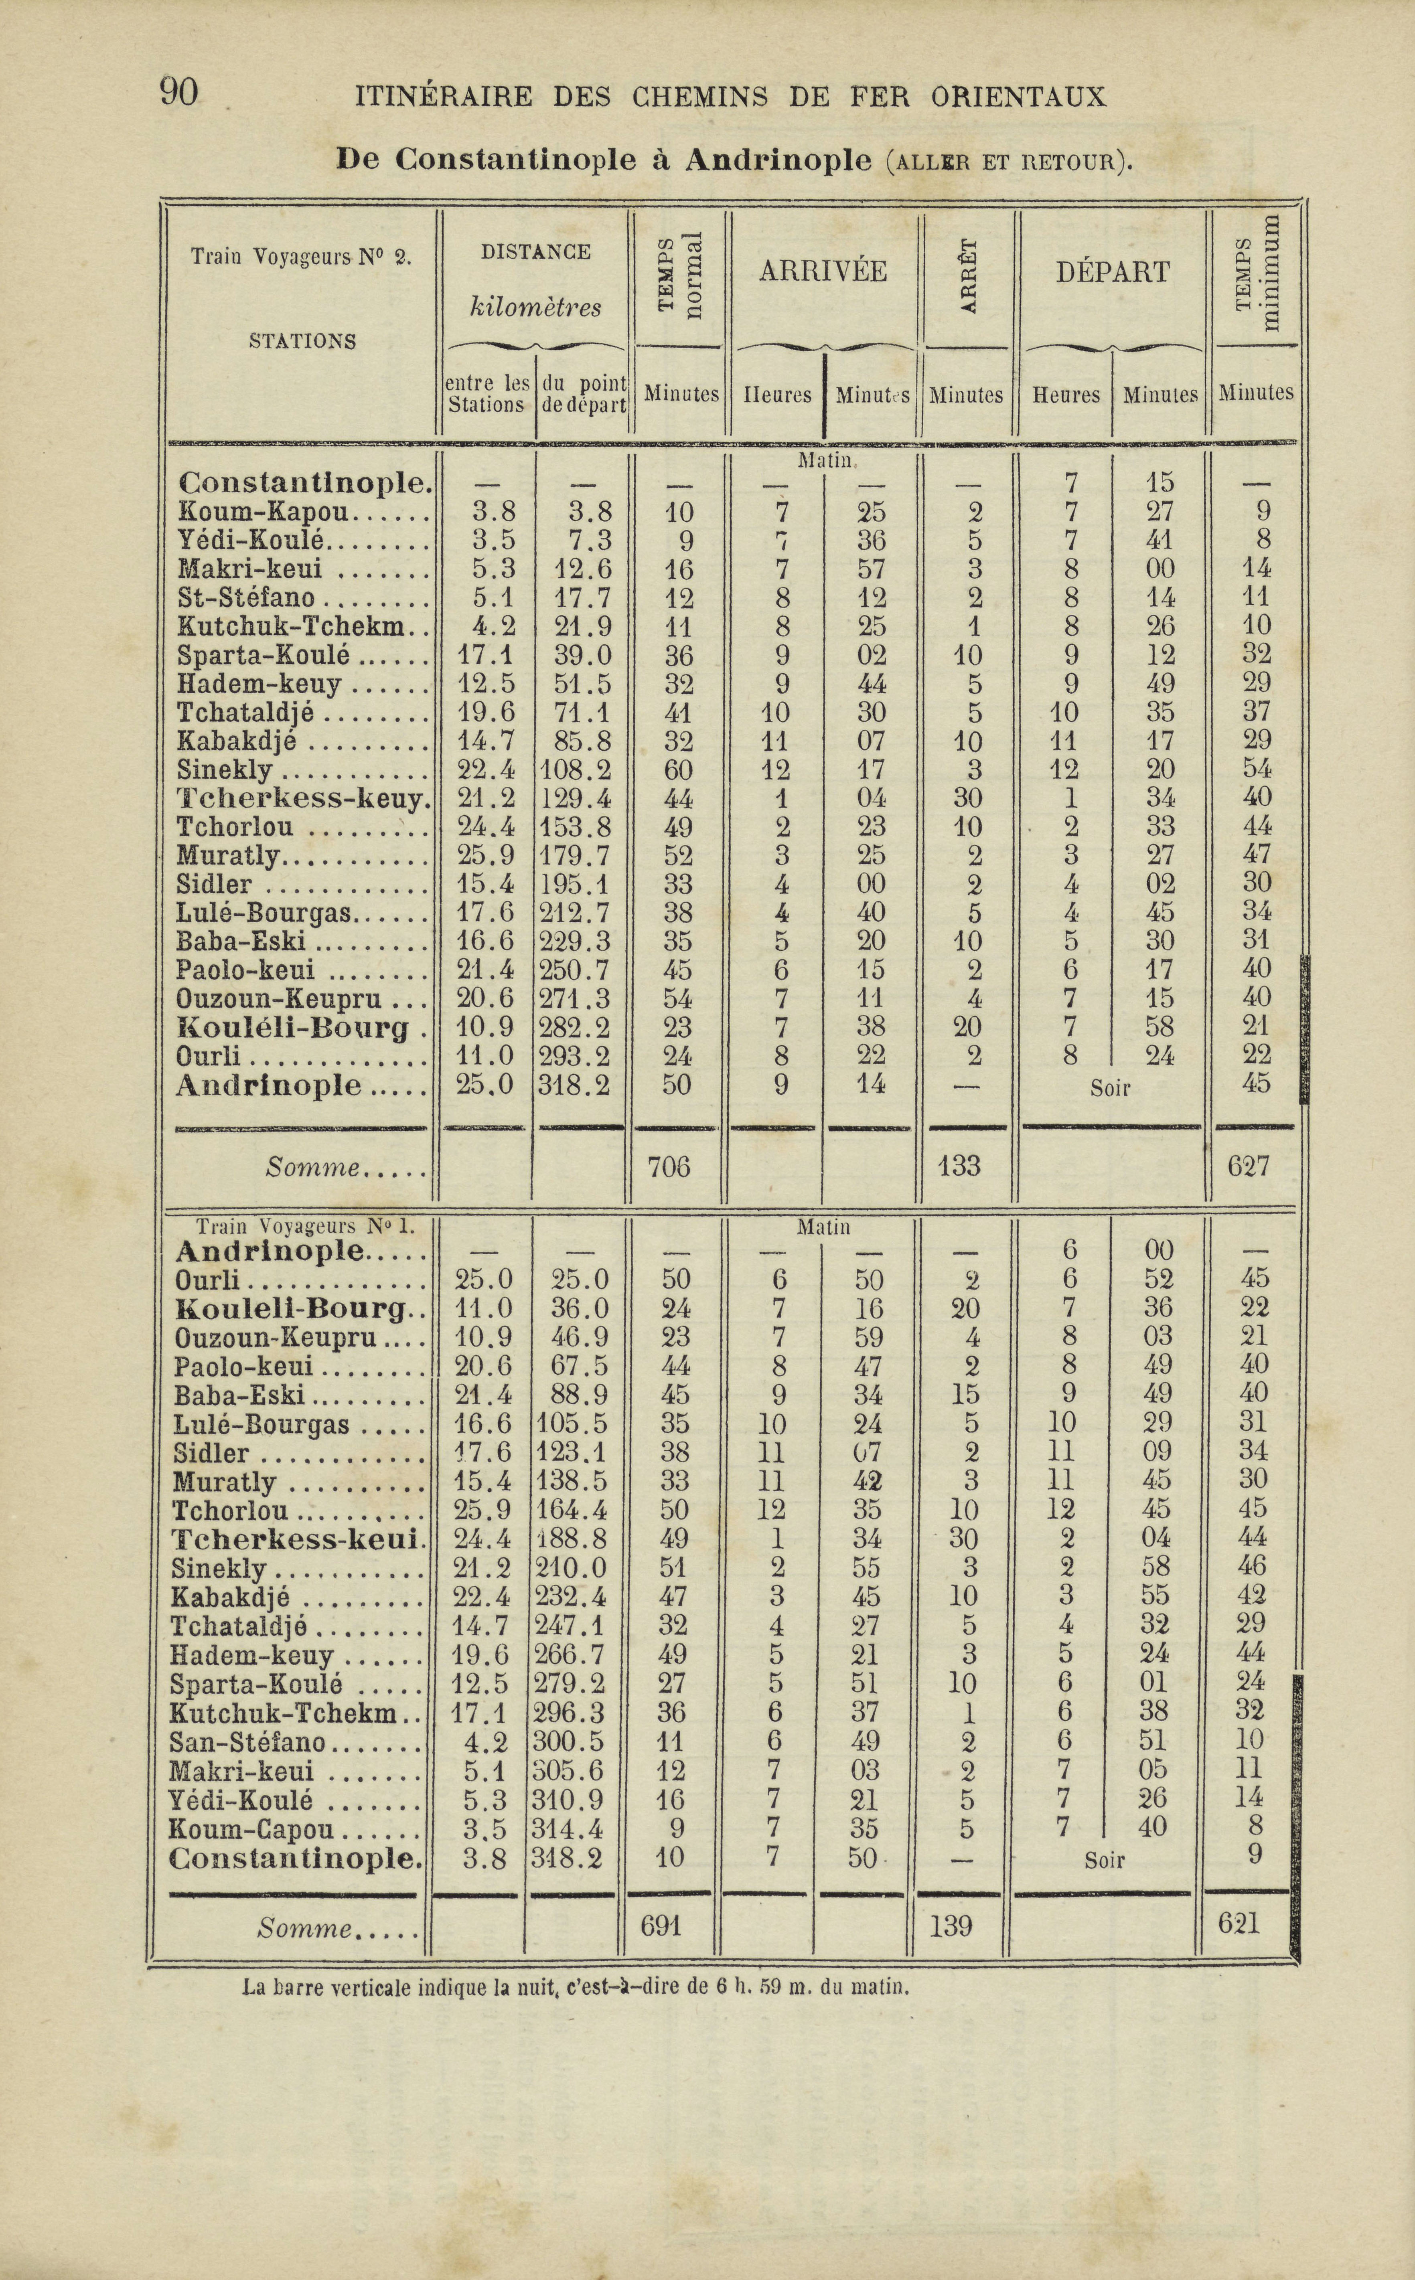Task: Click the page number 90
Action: (179, 93)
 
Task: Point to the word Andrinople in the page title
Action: (778, 161)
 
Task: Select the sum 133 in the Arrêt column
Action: (958, 1166)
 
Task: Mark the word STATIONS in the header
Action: (302, 342)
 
